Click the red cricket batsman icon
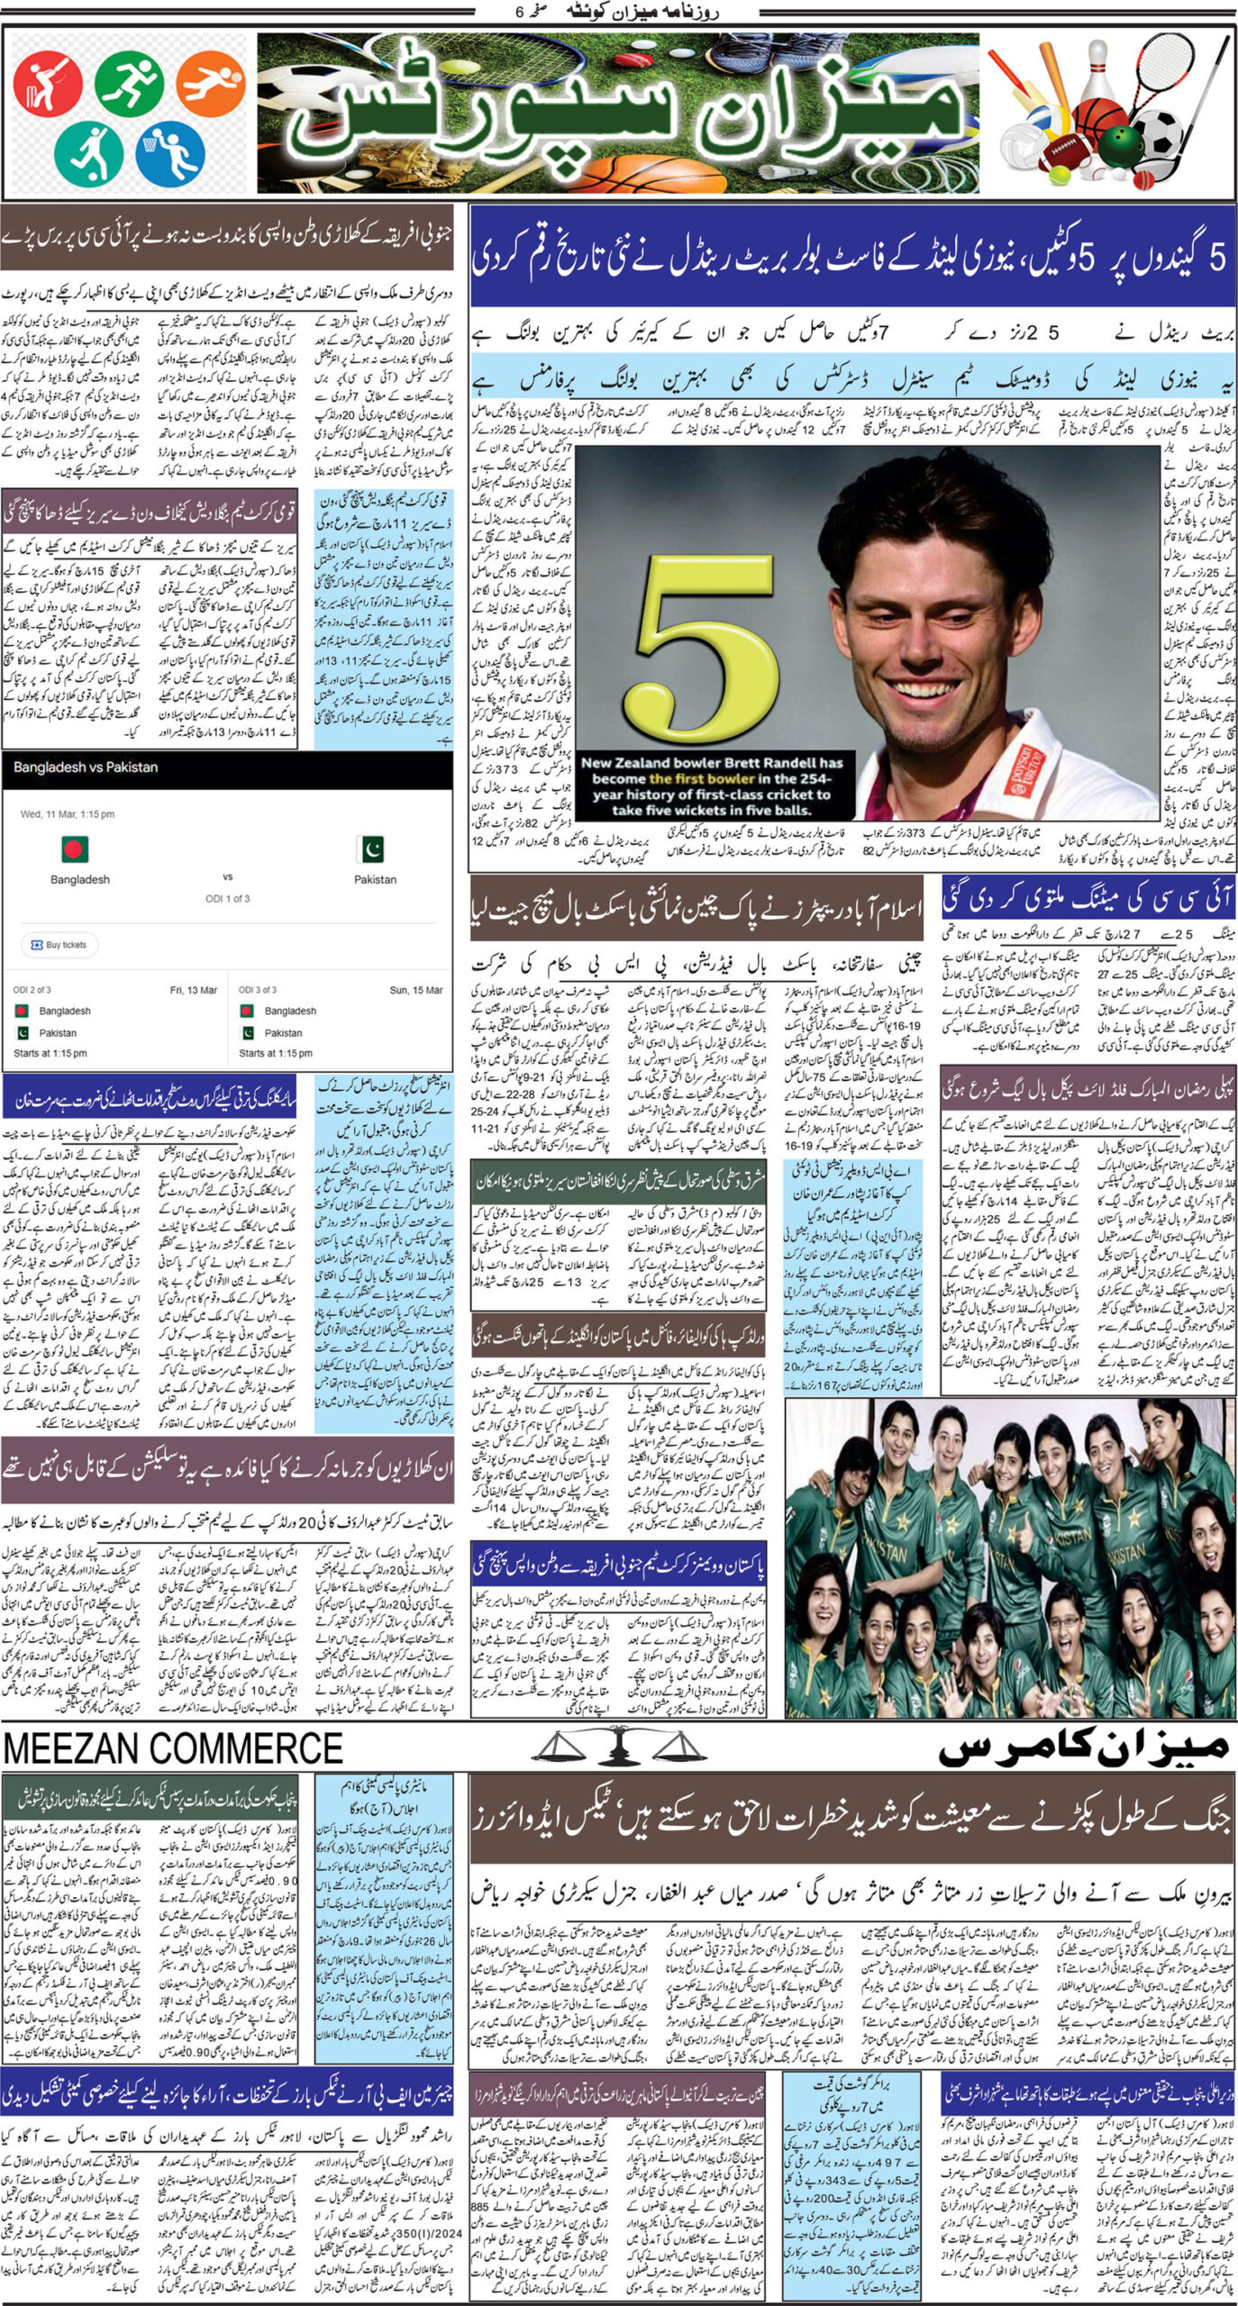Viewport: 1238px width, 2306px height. tap(47, 82)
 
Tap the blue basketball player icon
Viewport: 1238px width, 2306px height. tap(170, 151)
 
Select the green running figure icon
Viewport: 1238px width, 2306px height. tap(129, 82)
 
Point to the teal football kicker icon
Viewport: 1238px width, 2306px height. tap(87, 151)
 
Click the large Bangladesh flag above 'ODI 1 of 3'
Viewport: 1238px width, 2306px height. tap(75, 849)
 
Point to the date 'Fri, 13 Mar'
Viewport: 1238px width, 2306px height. tap(193, 990)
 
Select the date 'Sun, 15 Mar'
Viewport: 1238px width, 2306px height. tap(415, 990)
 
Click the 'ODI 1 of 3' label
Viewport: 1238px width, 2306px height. tap(227, 898)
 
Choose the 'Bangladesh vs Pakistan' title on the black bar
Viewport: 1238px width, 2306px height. tap(86, 767)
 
